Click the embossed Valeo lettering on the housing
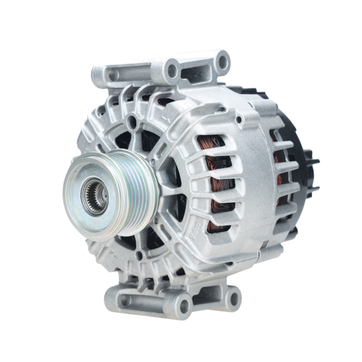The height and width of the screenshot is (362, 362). click(x=195, y=230)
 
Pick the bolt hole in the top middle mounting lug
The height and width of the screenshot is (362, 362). click(x=172, y=69)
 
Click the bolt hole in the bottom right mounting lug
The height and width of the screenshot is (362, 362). click(x=233, y=297)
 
